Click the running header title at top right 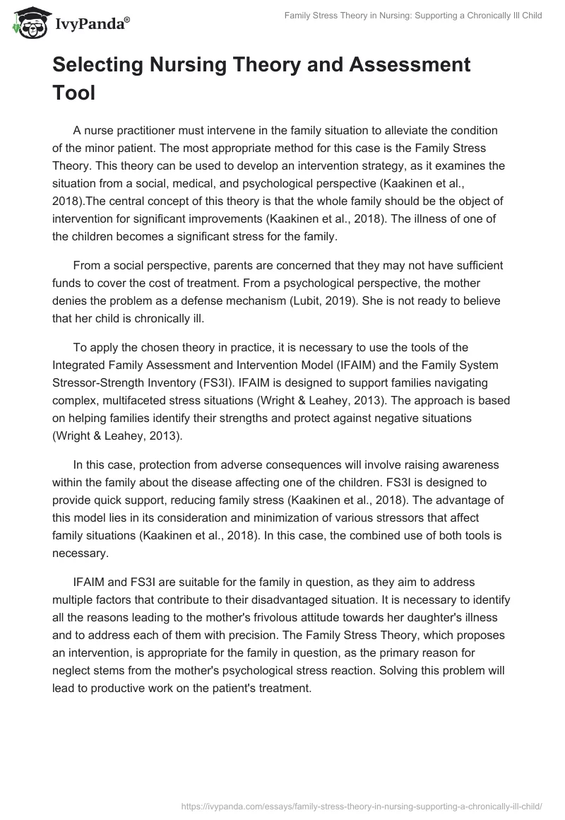[x=413, y=16]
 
